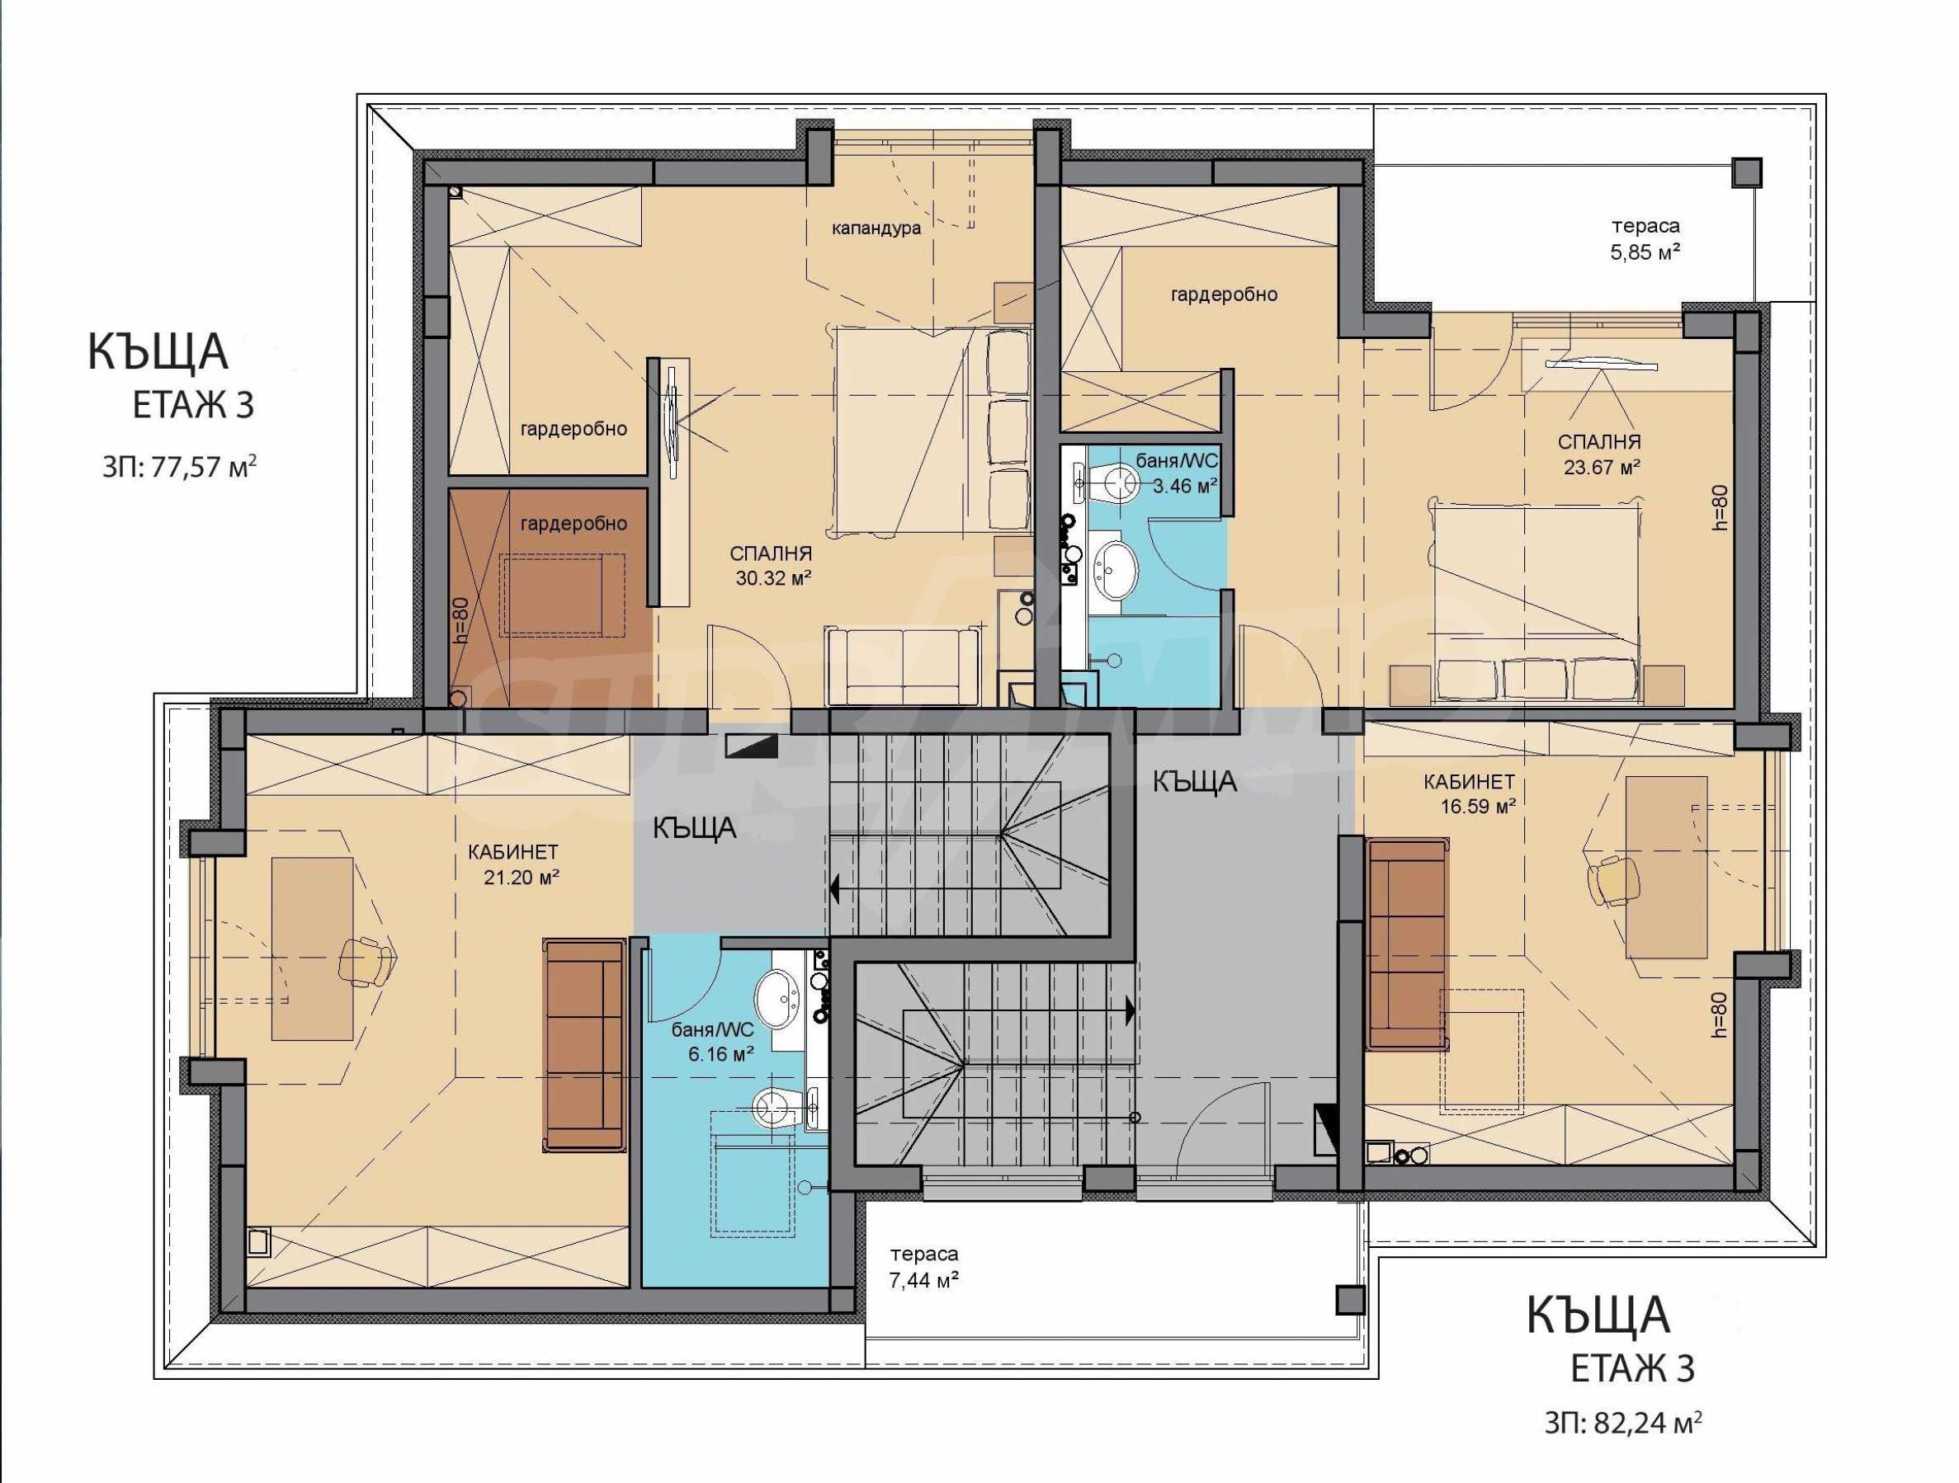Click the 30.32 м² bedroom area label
(x=770, y=567)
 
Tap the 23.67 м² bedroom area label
(x=1599, y=454)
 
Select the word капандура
(x=876, y=228)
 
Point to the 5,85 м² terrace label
(x=1645, y=239)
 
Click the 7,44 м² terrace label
(x=923, y=1268)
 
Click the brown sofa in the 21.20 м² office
(x=583, y=1046)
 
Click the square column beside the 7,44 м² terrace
(x=1350, y=1301)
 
